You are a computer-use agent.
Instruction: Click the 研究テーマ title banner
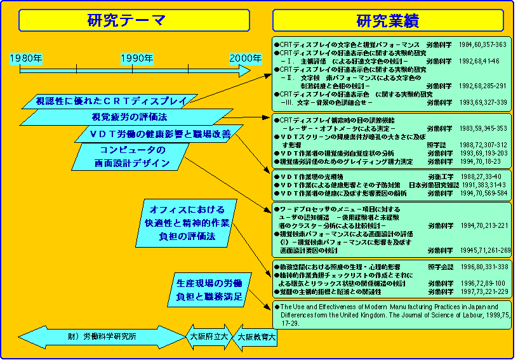tap(127, 20)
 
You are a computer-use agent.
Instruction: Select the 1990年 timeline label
tap(136, 58)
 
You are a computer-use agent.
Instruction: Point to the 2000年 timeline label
tap(245, 58)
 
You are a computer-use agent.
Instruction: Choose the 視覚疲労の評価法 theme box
tap(130, 117)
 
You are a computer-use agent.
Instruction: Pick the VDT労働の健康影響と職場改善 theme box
tap(152, 133)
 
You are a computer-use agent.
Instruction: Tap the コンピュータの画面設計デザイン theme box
tap(133, 156)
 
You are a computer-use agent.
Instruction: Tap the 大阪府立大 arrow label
tap(209, 337)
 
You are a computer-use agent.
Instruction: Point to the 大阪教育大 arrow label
tap(256, 337)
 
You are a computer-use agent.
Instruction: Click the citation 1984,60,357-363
tap(482, 44)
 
